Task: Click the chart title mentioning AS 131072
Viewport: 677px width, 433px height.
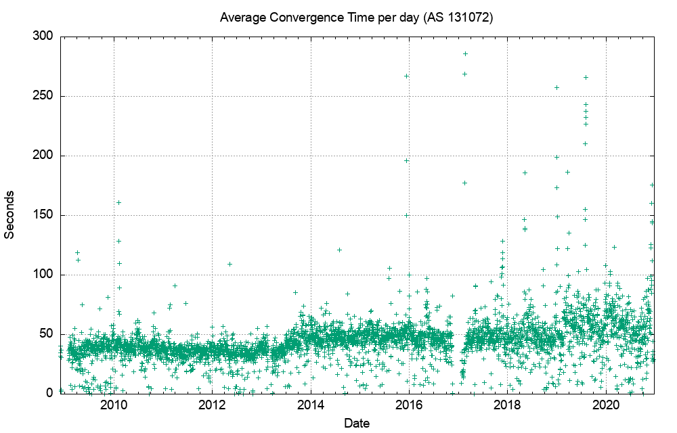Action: click(x=356, y=18)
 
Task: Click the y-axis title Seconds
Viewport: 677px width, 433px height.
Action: click(x=10, y=214)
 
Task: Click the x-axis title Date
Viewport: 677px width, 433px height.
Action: click(x=356, y=424)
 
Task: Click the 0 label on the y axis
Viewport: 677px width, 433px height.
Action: click(x=49, y=393)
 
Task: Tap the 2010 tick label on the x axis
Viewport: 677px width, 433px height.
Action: click(x=114, y=406)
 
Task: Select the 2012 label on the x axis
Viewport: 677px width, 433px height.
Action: click(x=212, y=406)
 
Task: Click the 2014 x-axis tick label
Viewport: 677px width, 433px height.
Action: click(x=311, y=406)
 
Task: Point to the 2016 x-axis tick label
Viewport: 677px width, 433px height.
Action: click(x=409, y=406)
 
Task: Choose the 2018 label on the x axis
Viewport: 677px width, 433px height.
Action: click(x=508, y=406)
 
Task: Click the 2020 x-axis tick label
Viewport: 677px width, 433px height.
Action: click(x=606, y=406)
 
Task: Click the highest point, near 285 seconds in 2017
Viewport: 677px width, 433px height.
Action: click(x=465, y=53)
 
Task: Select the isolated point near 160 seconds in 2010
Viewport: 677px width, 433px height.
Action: click(x=118, y=202)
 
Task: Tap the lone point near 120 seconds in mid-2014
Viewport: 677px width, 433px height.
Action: click(x=339, y=250)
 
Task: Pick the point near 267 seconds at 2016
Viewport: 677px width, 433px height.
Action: click(x=406, y=76)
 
